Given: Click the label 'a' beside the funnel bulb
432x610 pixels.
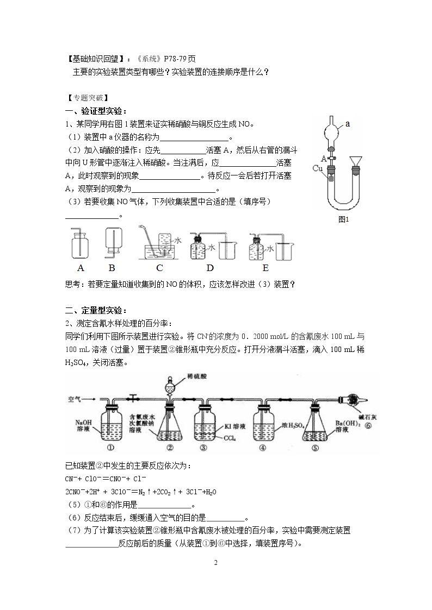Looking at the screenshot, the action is (x=348, y=124).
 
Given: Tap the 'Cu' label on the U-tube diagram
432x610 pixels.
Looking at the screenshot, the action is (x=318, y=168).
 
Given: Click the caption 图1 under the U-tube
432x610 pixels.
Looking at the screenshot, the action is (x=343, y=219).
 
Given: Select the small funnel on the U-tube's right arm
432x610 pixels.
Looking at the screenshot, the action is (x=355, y=161).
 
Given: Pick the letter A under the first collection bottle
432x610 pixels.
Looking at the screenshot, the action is (x=81, y=268).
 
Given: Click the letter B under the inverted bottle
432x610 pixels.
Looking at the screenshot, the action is (x=112, y=268).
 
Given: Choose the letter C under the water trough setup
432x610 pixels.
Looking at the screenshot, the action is (x=159, y=268).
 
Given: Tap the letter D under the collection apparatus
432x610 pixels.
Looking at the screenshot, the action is (x=210, y=268).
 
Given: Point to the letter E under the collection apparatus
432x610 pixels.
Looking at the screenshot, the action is (x=266, y=268).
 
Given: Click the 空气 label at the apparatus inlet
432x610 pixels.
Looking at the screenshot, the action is (x=74, y=399).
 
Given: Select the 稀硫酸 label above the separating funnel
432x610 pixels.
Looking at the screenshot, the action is (x=197, y=376).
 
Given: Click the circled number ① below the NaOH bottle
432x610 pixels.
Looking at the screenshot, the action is (x=110, y=448).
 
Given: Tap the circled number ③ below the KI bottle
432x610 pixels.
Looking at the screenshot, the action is (x=203, y=448).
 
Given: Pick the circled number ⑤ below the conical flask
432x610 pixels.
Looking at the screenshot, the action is (x=315, y=448).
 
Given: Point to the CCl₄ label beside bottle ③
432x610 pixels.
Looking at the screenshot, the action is (x=230, y=438).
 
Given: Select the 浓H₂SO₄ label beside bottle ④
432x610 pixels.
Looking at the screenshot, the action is (x=293, y=426).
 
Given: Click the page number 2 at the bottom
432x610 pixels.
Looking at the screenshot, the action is (x=216, y=563).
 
